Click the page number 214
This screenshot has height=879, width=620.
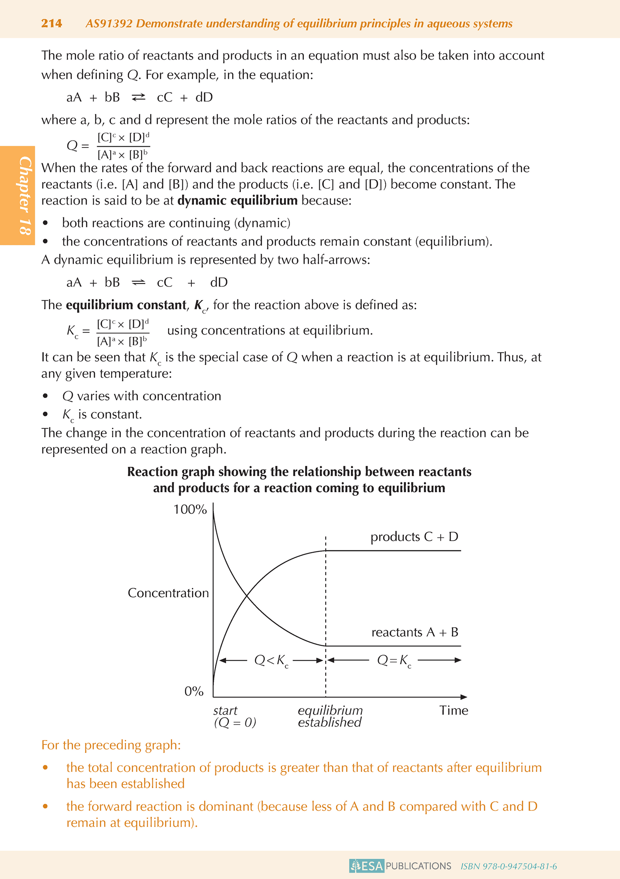[51, 23]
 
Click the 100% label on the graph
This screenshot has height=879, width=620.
[190, 509]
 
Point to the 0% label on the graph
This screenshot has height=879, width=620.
[194, 691]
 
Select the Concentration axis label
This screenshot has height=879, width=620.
[168, 593]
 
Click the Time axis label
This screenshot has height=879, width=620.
[454, 710]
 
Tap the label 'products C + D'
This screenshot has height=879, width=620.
[414, 537]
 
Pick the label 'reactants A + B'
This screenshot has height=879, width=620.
[414, 632]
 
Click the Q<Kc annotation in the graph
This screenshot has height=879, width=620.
[271, 661]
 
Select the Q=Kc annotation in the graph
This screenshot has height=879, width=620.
[394, 661]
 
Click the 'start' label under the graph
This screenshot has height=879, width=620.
[225, 710]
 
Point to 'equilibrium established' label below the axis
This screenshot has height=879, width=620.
[330, 716]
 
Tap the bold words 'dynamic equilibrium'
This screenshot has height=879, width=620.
[237, 201]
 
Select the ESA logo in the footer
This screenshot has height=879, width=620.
[366, 866]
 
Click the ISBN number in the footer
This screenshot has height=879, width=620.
[508, 866]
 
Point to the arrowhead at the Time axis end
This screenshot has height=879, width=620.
[464, 697]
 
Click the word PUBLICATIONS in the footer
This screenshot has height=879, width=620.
[418, 866]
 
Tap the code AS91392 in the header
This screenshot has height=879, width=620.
[109, 24]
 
